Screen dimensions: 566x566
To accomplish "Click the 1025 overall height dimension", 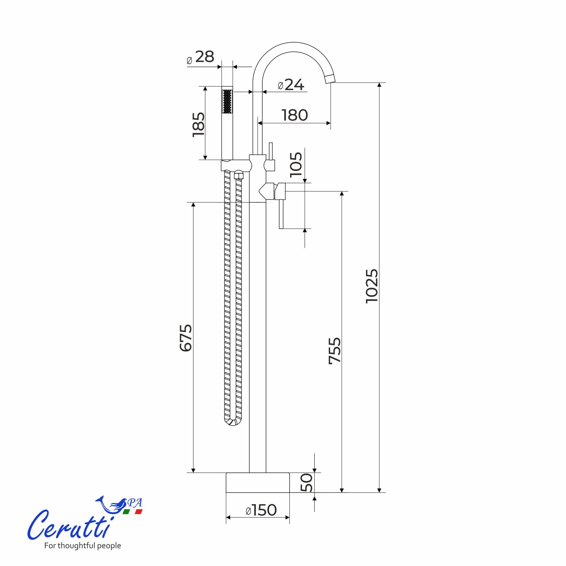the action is pos(372,286).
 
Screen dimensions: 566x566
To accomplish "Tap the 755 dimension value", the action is pos(335,351).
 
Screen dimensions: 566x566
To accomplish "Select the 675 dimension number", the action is pos(186,338).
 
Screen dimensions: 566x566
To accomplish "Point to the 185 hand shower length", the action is pos(198,125).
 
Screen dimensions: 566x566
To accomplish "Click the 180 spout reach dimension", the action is pos(295,115).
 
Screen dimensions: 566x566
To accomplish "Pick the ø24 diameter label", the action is pos(291,85).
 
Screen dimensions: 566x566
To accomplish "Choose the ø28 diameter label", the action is pos(200,57).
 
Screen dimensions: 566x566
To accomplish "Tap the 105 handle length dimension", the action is pos(296,165).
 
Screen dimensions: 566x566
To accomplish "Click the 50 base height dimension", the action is pos(306,483).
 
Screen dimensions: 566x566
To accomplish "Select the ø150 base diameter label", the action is pos(261,510).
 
